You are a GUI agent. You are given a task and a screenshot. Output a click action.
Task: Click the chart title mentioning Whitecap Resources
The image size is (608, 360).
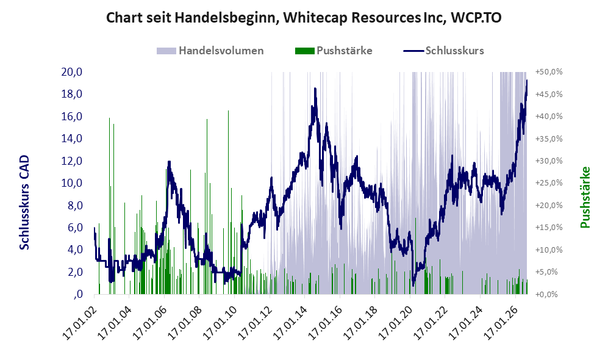click(x=304, y=18)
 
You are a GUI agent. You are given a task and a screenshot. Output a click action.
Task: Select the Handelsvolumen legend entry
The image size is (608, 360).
click(x=210, y=51)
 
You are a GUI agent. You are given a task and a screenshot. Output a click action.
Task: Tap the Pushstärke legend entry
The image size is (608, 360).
click(x=334, y=51)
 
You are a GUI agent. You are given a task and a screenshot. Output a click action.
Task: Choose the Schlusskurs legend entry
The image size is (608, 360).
click(x=443, y=51)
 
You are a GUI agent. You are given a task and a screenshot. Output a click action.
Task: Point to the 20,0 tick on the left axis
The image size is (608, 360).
click(x=72, y=72)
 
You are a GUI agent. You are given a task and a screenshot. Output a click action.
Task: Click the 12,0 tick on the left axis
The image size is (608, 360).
click(x=72, y=161)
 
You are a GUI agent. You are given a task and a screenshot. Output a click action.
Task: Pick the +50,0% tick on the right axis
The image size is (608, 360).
click(x=549, y=72)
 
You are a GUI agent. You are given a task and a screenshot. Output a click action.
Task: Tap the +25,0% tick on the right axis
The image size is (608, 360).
click(x=549, y=183)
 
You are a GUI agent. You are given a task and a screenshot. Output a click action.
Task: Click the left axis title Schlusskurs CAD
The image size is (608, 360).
click(x=24, y=203)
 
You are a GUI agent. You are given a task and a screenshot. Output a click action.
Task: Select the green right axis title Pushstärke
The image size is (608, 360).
click(x=585, y=197)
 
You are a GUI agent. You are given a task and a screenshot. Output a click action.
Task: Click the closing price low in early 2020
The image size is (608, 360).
click(x=413, y=286)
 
